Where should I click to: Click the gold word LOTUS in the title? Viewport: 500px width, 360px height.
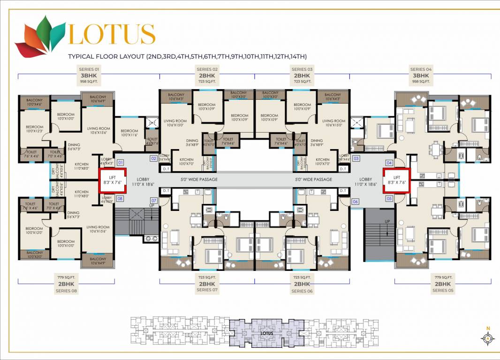[x=112, y=34]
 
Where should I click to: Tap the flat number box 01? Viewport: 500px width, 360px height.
[x=121, y=163]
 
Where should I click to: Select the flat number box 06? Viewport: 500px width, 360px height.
[x=355, y=201]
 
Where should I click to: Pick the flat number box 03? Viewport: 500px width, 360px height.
[x=356, y=159]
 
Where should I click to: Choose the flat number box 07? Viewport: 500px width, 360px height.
[x=153, y=201]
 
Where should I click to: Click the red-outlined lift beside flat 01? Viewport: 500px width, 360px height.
[x=112, y=180]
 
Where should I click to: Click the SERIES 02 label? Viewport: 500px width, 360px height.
[x=207, y=69]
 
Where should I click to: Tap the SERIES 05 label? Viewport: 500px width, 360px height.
[x=442, y=290]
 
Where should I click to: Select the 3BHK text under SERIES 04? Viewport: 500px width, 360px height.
[x=420, y=75]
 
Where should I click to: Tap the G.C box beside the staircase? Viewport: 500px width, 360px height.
[x=151, y=239]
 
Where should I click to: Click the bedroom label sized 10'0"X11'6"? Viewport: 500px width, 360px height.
[x=129, y=133]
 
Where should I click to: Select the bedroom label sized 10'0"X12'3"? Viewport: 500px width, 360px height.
[x=35, y=129]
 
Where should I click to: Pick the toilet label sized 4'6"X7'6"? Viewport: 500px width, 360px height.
[x=152, y=141]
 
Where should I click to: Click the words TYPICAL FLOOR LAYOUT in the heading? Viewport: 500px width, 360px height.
[x=106, y=57]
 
